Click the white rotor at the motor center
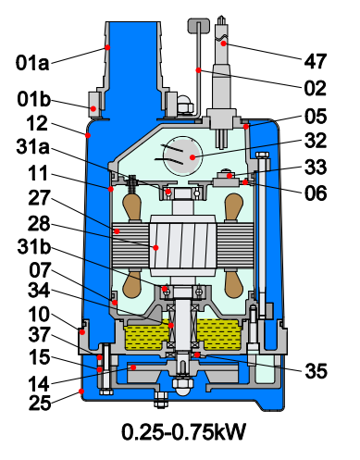[177, 247]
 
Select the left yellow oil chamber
[144, 334]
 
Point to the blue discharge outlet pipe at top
[124, 56]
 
